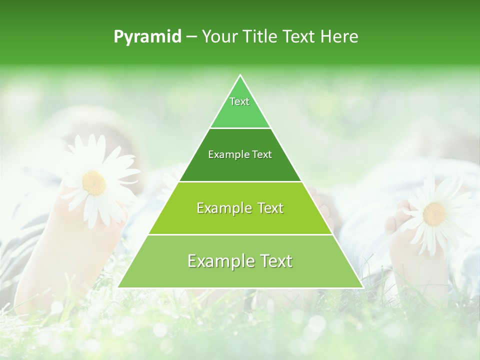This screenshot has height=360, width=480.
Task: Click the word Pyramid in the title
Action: pyautogui.click(x=147, y=37)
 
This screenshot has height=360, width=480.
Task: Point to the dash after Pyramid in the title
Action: pyautogui.click(x=191, y=37)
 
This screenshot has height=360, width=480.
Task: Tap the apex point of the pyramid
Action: pyautogui.click(x=240, y=75)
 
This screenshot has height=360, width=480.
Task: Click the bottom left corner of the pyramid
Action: pyautogui.click(x=118, y=287)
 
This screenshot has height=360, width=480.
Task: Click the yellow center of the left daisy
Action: pyautogui.click(x=94, y=183)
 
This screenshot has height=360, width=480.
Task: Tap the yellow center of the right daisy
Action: pyautogui.click(x=434, y=214)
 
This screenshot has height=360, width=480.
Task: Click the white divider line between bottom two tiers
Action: pyautogui.click(x=240, y=234)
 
